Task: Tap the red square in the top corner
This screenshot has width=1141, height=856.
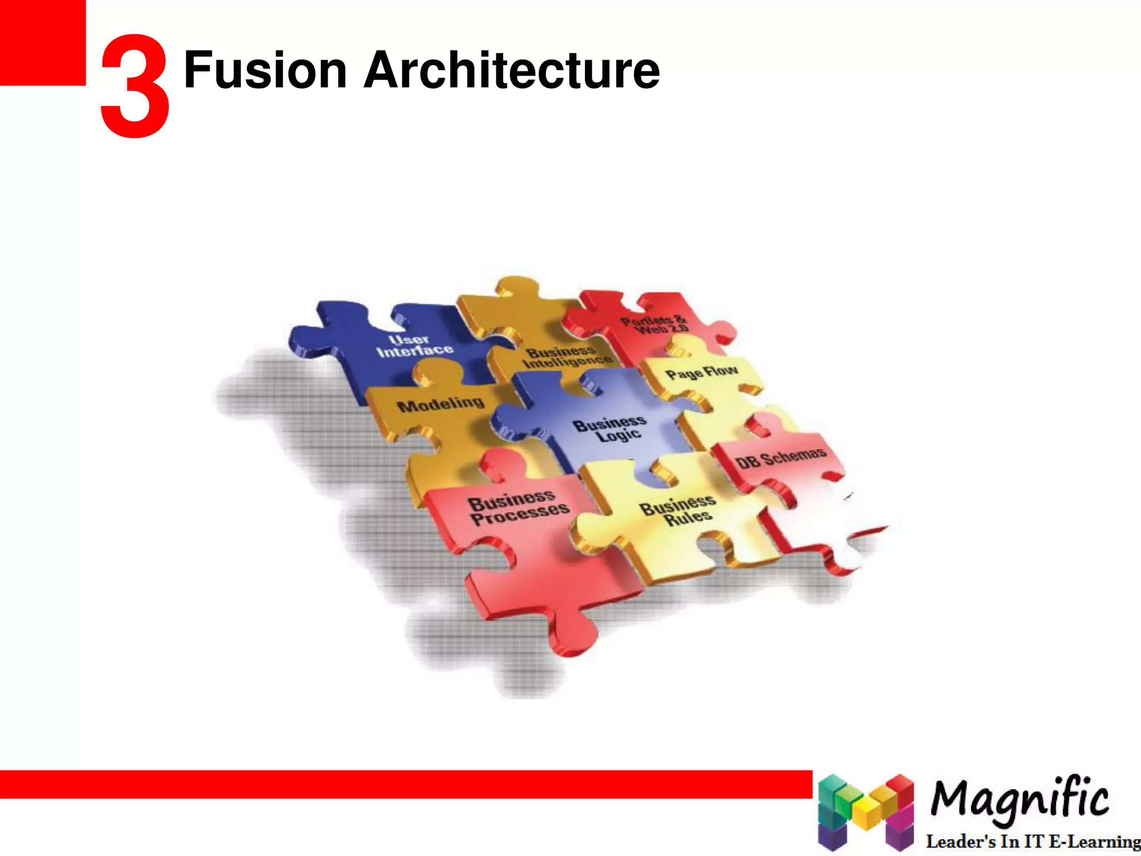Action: [x=42, y=42]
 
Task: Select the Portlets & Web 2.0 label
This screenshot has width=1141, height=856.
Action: [x=655, y=324]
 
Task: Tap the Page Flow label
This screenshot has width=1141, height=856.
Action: [x=701, y=372]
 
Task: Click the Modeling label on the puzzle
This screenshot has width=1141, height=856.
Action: [x=440, y=404]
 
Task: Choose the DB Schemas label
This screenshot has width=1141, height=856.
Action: [x=781, y=458]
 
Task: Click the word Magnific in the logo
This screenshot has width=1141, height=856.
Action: [x=1019, y=799]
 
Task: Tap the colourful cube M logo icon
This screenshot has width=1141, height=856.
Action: [x=866, y=811]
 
